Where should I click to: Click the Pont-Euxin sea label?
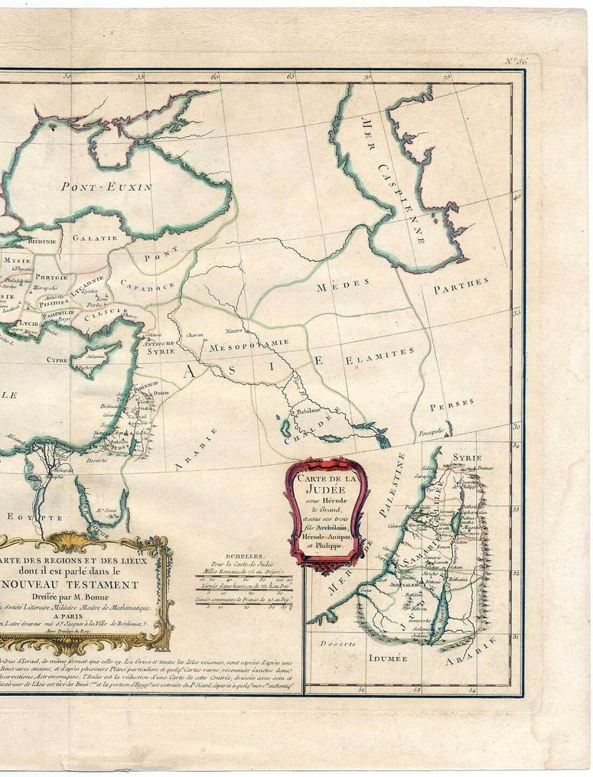(106, 186)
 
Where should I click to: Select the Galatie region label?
(95, 238)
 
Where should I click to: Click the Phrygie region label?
(51, 278)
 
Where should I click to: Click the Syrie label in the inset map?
(467, 457)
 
